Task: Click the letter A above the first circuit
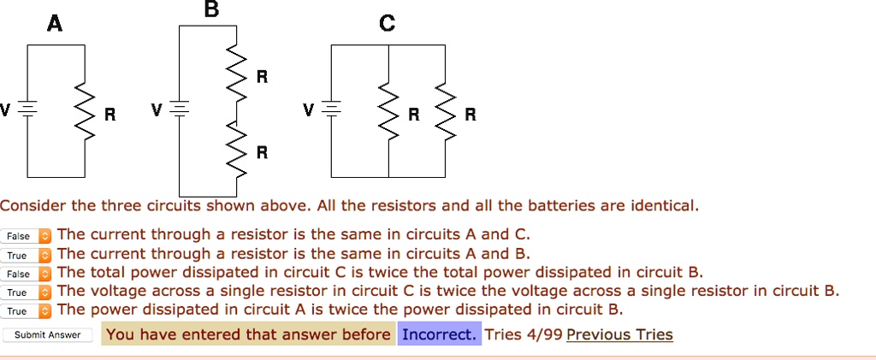54,25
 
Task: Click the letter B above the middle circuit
212,9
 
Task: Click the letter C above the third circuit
387,25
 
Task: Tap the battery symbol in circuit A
28,110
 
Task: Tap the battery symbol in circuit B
178,110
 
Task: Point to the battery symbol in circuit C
333,110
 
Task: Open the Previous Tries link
619,334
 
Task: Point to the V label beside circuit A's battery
6,110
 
